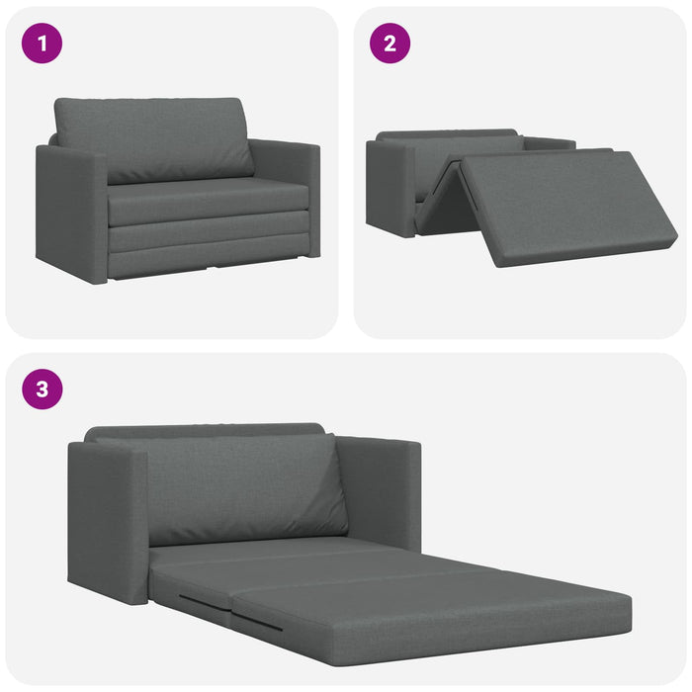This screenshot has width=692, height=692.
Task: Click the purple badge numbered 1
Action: pyautogui.click(x=43, y=43)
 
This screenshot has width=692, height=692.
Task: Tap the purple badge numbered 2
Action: pyautogui.click(x=389, y=43)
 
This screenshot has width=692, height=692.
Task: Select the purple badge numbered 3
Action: pyautogui.click(x=43, y=389)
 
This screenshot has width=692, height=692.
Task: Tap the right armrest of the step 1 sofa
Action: pyautogui.click(x=292, y=193)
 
